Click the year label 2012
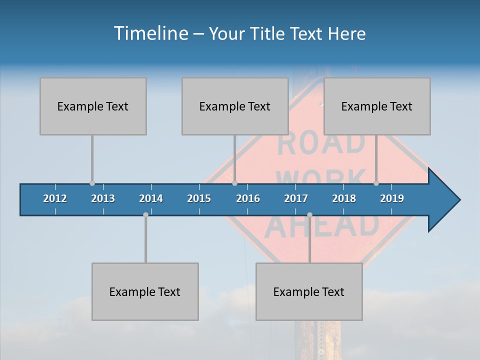[55, 198]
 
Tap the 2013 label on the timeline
[103, 198]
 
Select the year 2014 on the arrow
[151, 198]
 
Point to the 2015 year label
[199, 198]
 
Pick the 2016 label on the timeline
[248, 198]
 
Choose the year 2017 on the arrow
[296, 198]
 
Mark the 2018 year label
[344, 198]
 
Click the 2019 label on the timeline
[392, 198]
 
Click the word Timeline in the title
[150, 33]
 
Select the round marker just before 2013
[92, 183]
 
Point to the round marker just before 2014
[145, 214]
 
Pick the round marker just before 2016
[234, 183]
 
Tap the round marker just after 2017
[309, 214]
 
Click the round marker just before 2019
[376, 183]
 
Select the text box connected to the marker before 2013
[93, 106]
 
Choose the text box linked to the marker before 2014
[145, 291]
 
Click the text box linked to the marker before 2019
[377, 106]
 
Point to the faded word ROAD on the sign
[321, 143]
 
